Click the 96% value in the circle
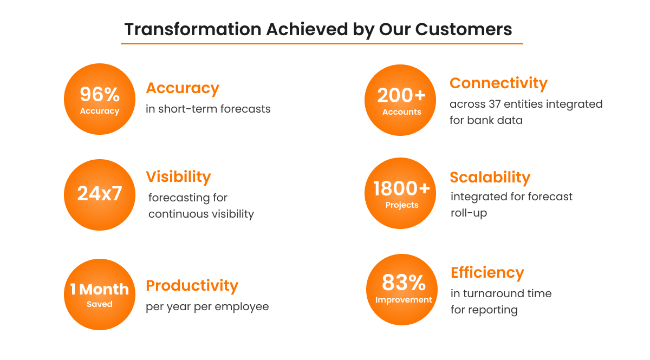(100, 95)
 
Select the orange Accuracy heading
(183, 88)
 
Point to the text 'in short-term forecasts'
(208, 109)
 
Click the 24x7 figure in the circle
(100, 193)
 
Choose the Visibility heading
(178, 176)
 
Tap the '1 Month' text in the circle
(100, 289)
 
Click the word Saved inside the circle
(100, 304)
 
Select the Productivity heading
(192, 285)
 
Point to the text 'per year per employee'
(207, 306)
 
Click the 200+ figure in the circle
(401, 95)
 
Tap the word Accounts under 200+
(401, 112)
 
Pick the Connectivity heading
(498, 83)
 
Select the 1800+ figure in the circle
(401, 188)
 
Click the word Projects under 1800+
(402, 205)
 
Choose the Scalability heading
(490, 177)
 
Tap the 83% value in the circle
(404, 283)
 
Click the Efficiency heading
(487, 273)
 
